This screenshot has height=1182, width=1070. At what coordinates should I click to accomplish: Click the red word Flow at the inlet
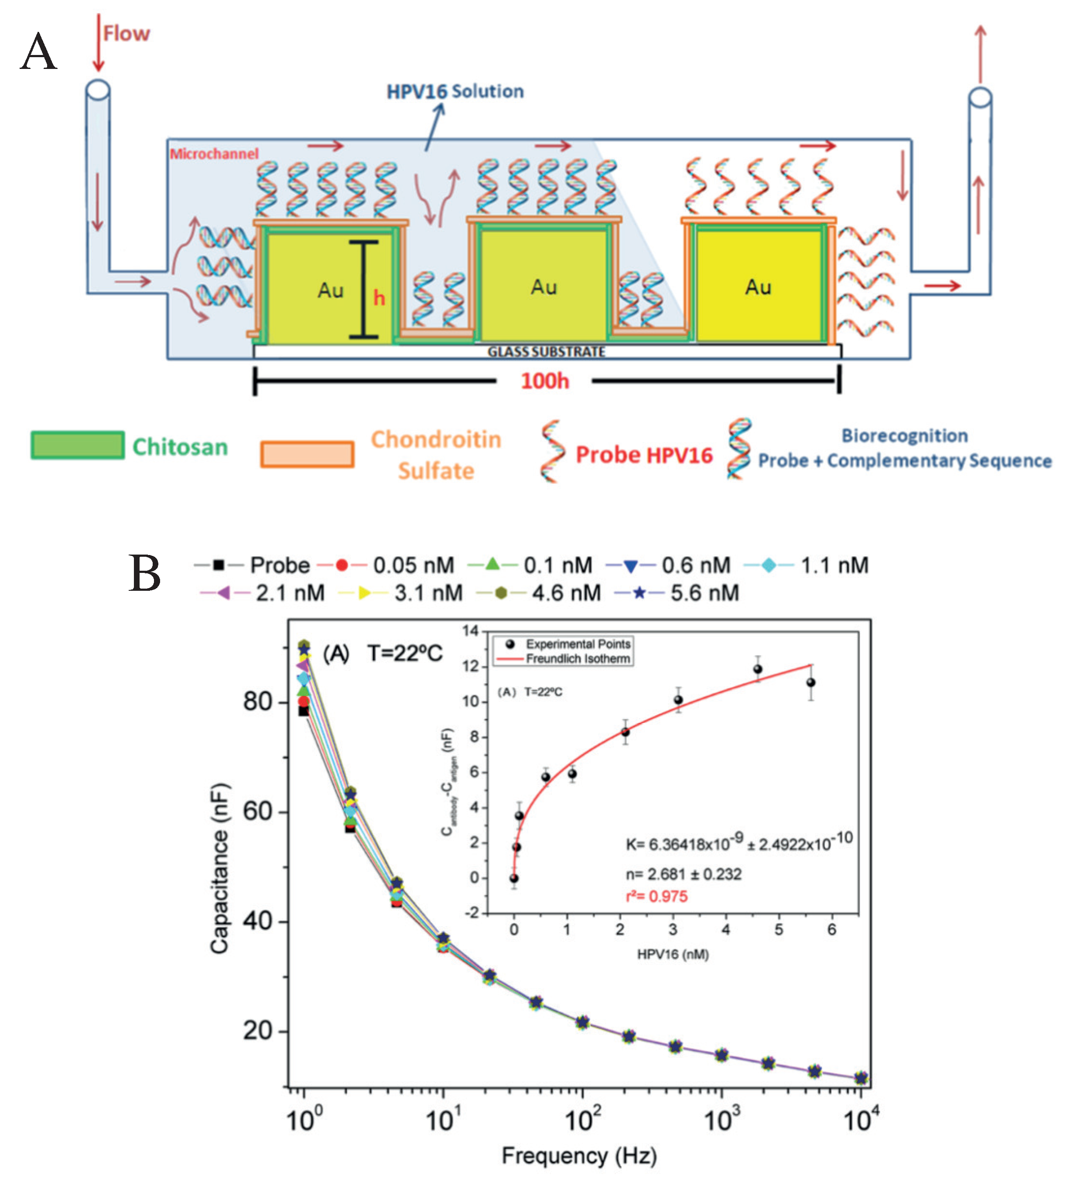click(126, 34)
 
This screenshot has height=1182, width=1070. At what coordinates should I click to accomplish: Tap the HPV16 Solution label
click(455, 92)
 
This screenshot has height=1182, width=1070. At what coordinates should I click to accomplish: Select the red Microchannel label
click(214, 154)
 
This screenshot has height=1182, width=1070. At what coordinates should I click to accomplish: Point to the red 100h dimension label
click(545, 381)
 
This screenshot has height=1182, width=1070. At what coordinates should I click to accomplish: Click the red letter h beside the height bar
click(379, 298)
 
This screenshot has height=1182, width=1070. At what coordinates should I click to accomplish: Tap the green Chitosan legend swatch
click(77, 445)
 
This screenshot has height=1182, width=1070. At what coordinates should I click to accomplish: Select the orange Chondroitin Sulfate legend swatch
click(307, 454)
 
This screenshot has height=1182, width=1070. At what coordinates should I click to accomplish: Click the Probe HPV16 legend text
click(644, 455)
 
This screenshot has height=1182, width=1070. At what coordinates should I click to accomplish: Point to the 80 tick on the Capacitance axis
click(258, 701)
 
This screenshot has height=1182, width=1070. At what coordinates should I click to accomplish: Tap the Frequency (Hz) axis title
click(579, 1156)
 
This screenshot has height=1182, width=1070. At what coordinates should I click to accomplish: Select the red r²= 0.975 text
click(656, 897)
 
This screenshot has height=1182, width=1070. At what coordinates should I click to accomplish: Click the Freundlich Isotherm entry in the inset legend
click(578, 658)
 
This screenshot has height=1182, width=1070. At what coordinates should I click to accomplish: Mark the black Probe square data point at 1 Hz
click(303, 711)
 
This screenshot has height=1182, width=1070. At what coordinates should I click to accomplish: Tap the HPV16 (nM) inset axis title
click(673, 955)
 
